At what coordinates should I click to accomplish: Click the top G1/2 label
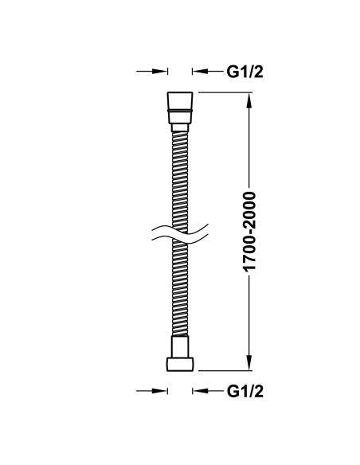coord(245,72)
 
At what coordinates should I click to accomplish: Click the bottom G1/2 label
coord(245,392)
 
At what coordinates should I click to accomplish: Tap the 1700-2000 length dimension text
coord(249,232)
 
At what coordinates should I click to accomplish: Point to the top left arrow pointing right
coord(152,71)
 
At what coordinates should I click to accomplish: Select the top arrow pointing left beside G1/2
coord(207,71)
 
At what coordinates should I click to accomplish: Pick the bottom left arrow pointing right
coord(152,391)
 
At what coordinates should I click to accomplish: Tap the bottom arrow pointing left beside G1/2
coord(207,391)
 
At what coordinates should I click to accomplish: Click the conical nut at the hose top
coord(180,107)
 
